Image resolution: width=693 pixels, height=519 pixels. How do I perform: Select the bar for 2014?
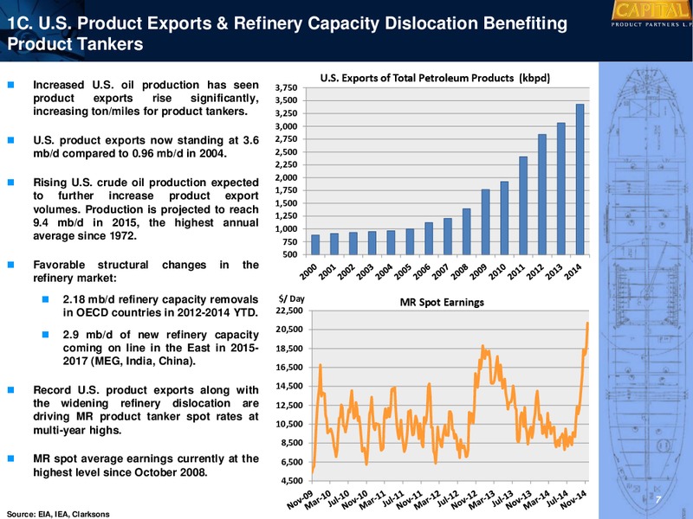[580, 179]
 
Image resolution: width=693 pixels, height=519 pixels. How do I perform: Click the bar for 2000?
[315, 245]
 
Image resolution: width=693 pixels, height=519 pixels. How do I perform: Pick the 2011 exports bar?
[523, 206]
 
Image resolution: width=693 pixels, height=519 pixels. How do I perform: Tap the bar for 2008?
[467, 232]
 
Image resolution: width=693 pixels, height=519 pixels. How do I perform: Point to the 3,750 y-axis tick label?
[286, 88]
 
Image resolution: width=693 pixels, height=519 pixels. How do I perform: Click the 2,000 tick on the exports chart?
[286, 178]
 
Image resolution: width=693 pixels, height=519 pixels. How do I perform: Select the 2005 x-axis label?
[403, 272]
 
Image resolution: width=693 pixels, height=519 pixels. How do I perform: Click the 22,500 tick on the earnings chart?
[289, 311]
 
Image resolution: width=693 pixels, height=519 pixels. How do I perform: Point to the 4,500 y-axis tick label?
[292, 481]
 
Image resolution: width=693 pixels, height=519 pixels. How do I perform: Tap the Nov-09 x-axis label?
[300, 500]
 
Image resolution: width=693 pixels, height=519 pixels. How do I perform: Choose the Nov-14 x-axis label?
[573, 500]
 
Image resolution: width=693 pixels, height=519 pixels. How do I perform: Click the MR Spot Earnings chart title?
[442, 302]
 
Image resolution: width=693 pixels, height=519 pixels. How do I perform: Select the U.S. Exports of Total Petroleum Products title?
[435, 78]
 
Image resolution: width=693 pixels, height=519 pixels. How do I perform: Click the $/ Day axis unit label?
[291, 298]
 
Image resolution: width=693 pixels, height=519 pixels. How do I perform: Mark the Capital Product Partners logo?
[651, 14]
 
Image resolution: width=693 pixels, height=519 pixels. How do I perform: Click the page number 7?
[657, 500]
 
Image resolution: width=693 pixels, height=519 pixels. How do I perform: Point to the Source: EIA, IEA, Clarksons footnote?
[58, 514]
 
